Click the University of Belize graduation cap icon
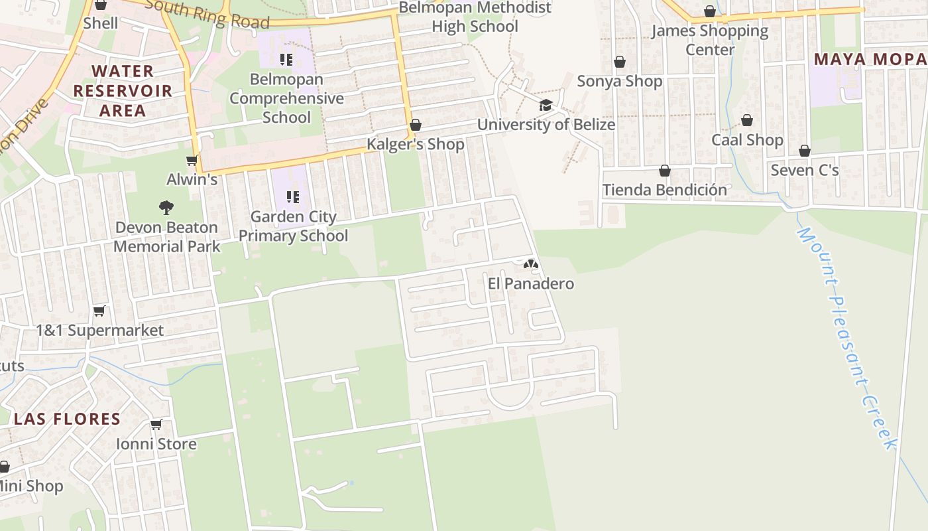(546, 105)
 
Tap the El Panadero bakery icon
(530, 264)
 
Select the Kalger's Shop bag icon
(416, 125)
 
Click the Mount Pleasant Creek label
(846, 339)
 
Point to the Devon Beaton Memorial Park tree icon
(166, 208)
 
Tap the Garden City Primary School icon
(292, 196)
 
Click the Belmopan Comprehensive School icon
(286, 60)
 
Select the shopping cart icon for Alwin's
(192, 160)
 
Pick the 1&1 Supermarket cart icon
(99, 311)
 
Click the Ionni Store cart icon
(156, 424)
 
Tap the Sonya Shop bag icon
(620, 62)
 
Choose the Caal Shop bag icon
(747, 120)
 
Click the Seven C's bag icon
(805, 151)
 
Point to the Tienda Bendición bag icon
(665, 171)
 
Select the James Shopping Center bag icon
(710, 11)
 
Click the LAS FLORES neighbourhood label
(67, 419)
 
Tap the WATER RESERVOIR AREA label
(123, 90)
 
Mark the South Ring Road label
(207, 13)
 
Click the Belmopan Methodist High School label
(475, 17)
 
